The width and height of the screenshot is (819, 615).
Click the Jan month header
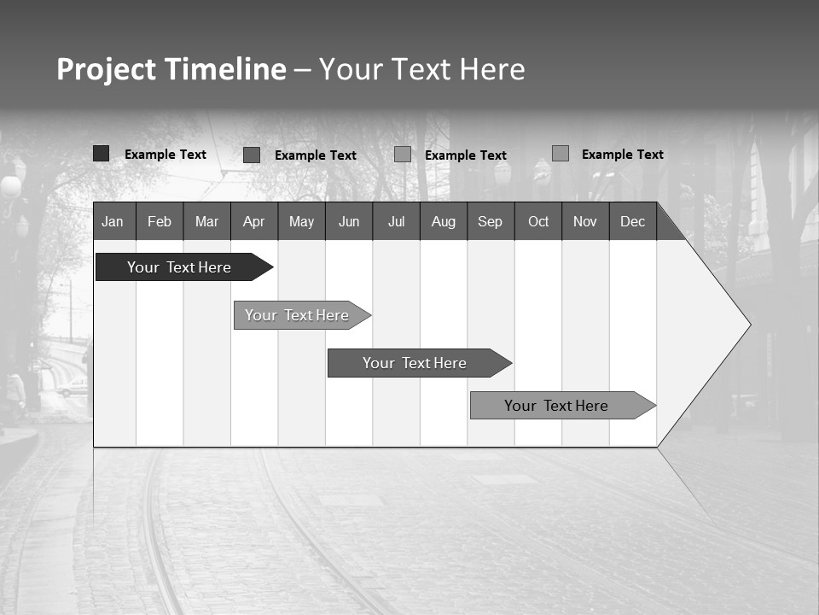[113, 222]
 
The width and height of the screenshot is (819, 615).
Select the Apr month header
[254, 222]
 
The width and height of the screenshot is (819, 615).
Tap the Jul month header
[396, 222]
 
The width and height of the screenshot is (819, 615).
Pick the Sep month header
[490, 222]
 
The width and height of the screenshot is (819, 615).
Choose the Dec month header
[632, 222]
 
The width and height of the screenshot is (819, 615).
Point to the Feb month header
[160, 222]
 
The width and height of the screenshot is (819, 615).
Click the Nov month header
[585, 222]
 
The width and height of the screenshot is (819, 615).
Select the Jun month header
[349, 222]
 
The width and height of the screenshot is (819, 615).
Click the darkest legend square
[102, 154]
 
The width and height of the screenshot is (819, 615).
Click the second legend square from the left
[252, 155]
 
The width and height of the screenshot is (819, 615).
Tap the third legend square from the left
[403, 155]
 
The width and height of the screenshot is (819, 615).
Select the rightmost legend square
[561, 154]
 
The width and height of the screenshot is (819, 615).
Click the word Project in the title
[106, 70]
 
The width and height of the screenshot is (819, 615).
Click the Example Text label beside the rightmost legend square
[622, 155]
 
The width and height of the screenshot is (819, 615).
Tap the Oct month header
[538, 222]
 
